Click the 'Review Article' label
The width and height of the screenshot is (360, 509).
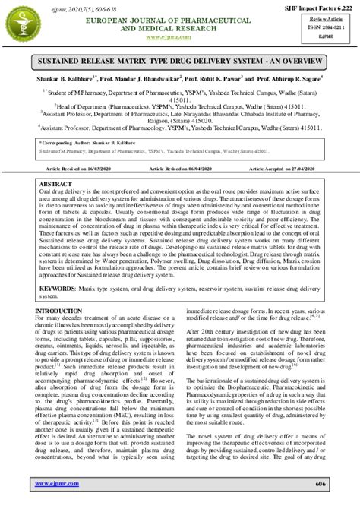[326, 17]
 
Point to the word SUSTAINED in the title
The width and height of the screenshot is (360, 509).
[72, 58]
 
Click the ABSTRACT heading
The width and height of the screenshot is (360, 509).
[55, 185]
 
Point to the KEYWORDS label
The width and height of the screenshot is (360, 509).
[56, 290]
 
